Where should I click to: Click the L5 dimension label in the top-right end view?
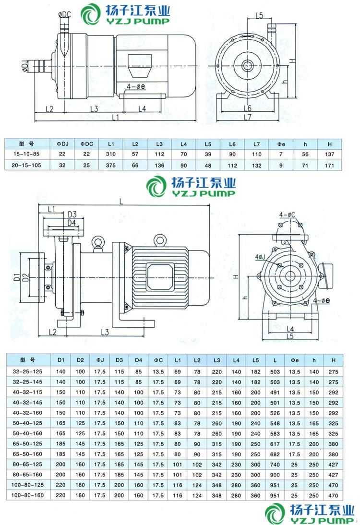tap(260, 15)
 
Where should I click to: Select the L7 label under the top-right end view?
tap(248, 117)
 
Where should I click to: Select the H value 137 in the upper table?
tap(330, 154)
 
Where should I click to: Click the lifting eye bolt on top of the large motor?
tap(159, 239)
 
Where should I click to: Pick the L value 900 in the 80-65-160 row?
tap(275, 474)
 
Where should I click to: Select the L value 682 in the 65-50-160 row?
tap(275, 454)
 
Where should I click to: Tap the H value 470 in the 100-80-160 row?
tap(330, 495)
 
